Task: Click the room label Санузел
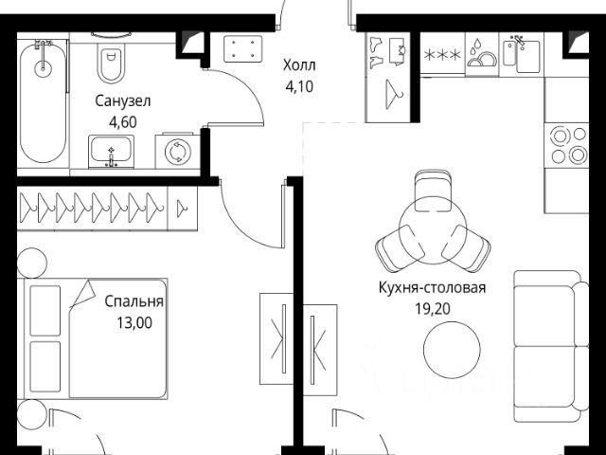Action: point(123,100)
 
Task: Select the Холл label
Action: point(300,66)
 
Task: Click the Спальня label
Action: point(134,302)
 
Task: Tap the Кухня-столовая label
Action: point(432,289)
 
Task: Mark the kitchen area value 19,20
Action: point(432,308)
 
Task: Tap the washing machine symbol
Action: point(177,152)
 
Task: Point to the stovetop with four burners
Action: point(566,146)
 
